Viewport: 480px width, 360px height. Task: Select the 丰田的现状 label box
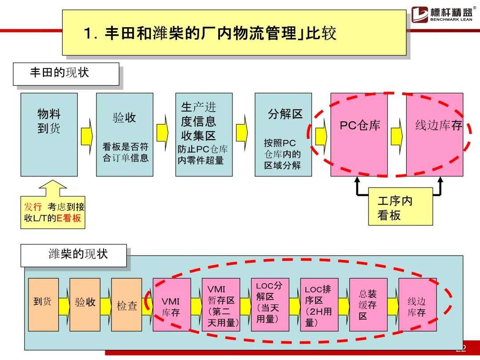click(x=66, y=74)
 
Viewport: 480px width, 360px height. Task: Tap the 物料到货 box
click(x=49, y=134)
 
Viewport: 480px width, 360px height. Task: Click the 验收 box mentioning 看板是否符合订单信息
click(x=125, y=134)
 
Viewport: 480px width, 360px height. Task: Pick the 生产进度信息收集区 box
click(x=204, y=134)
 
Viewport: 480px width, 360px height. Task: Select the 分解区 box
click(x=283, y=134)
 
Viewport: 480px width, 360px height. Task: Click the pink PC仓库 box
click(x=359, y=134)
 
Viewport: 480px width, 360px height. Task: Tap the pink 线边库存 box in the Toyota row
click(x=435, y=134)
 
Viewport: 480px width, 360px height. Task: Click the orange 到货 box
click(x=43, y=304)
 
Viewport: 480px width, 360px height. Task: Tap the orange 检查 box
click(x=127, y=304)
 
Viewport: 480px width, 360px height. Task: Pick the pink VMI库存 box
click(x=172, y=304)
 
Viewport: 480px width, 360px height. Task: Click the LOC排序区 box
click(x=319, y=304)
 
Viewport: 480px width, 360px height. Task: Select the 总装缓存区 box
click(x=368, y=304)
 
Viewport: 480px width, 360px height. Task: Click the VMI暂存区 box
click(x=221, y=304)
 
